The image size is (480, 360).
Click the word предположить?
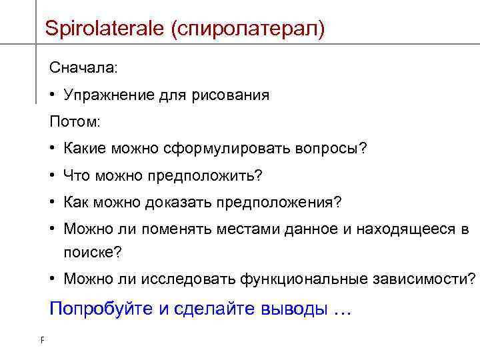[x=209, y=175]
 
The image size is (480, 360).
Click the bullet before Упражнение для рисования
[x=53, y=95]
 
